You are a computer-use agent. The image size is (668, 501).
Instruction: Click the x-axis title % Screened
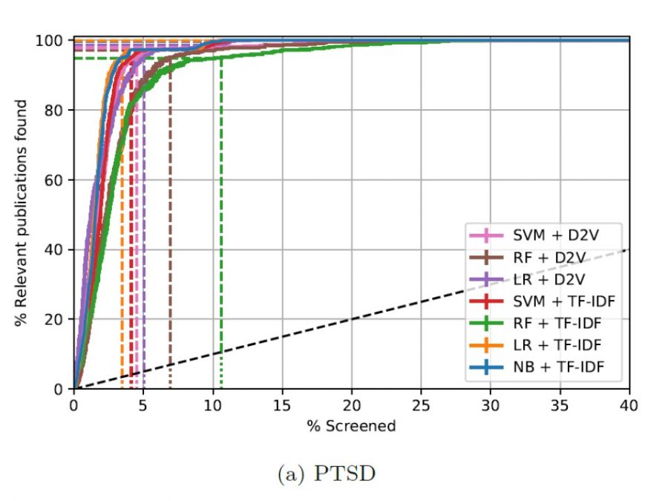point(351,426)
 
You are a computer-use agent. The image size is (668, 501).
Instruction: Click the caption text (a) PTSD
point(327,474)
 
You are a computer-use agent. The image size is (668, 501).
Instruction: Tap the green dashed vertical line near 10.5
point(221,223)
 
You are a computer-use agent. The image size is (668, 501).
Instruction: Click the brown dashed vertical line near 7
point(170,223)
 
